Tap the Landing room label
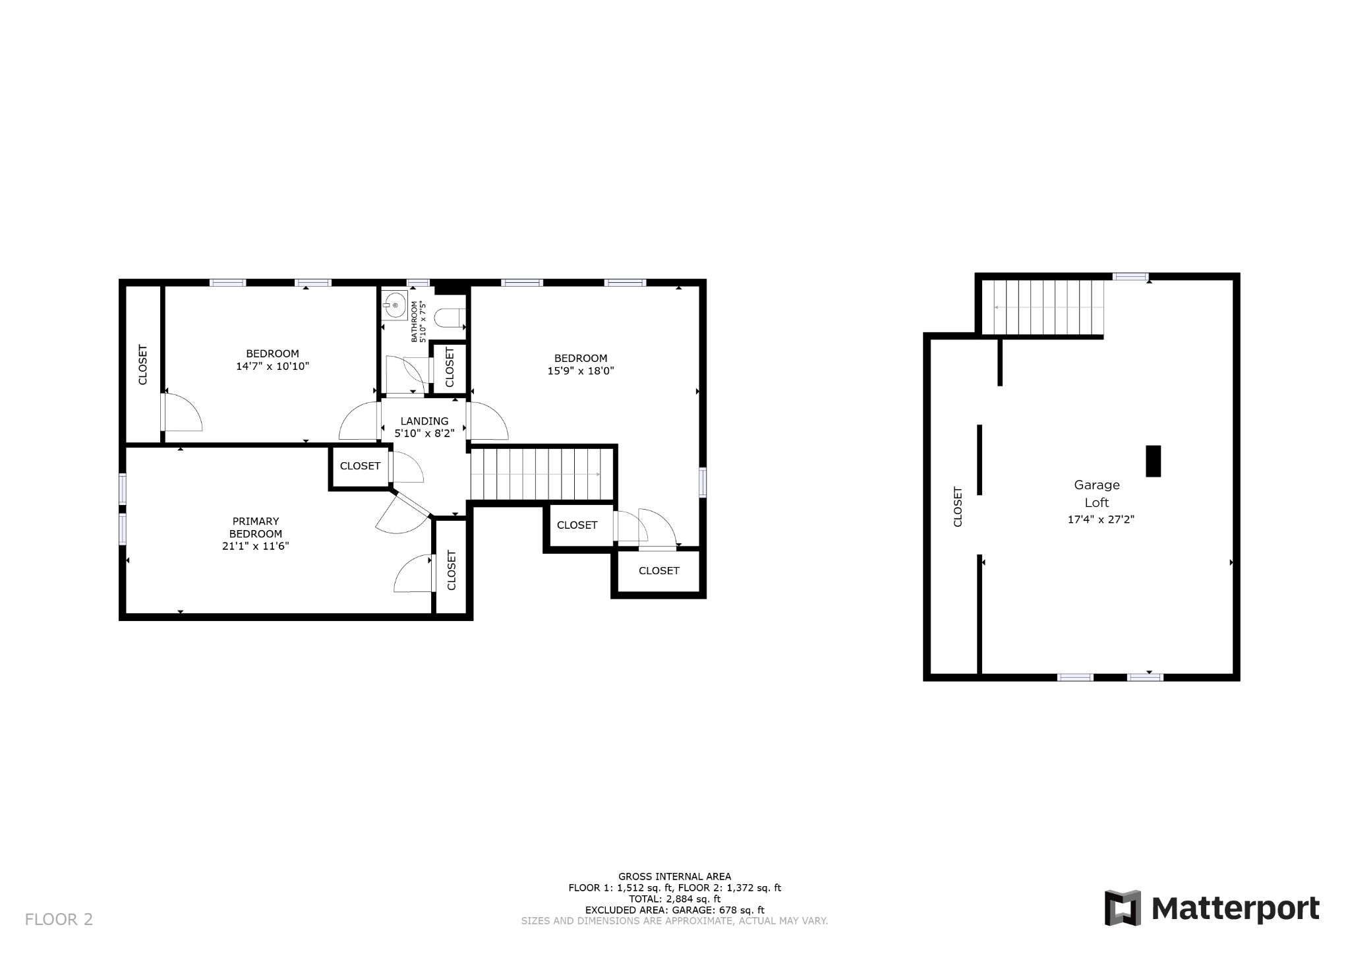pos(425,421)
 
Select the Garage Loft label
pos(1097,494)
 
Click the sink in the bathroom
pos(394,305)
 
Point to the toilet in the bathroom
pos(451,318)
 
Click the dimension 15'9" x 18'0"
pos(581,371)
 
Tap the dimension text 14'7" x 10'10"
pos(273,366)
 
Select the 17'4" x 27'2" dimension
pos(1101,520)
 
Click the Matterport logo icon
pos(1123,907)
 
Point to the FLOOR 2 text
pos(59,919)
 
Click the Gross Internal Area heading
pos(674,876)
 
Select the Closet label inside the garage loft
pos(958,507)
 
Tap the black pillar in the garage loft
pos(1153,461)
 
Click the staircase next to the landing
pos(543,474)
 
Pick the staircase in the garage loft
pos(1043,307)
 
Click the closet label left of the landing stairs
pos(361,466)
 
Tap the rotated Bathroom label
pos(419,322)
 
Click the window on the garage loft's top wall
pos(1130,277)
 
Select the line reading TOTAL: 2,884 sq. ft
pos(674,899)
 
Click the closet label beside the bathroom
pos(450,367)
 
